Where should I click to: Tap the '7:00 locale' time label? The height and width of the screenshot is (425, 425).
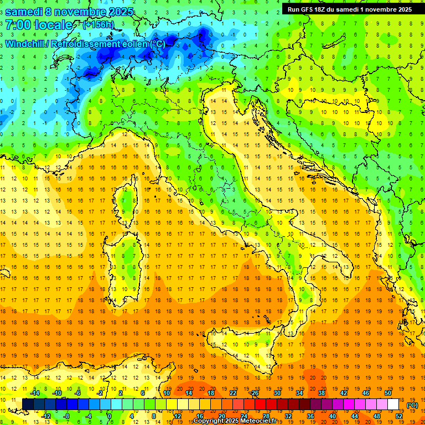pyautogui.click(x=39, y=25)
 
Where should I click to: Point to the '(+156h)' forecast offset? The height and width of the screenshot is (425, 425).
pyautogui.click(x=99, y=25)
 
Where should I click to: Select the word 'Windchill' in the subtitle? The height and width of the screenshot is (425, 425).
pyautogui.click(x=25, y=44)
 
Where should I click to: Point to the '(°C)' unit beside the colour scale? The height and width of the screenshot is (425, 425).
pyautogui.click(x=412, y=405)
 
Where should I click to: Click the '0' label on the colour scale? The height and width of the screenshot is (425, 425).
pyautogui.click(x=110, y=416)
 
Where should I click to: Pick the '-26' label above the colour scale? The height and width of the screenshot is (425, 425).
pyautogui.click(x=254, y=392)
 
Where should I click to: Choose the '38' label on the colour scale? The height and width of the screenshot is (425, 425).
pyautogui.click(x=321, y=392)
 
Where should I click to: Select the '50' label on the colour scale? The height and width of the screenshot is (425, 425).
pyautogui.click(x=387, y=392)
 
